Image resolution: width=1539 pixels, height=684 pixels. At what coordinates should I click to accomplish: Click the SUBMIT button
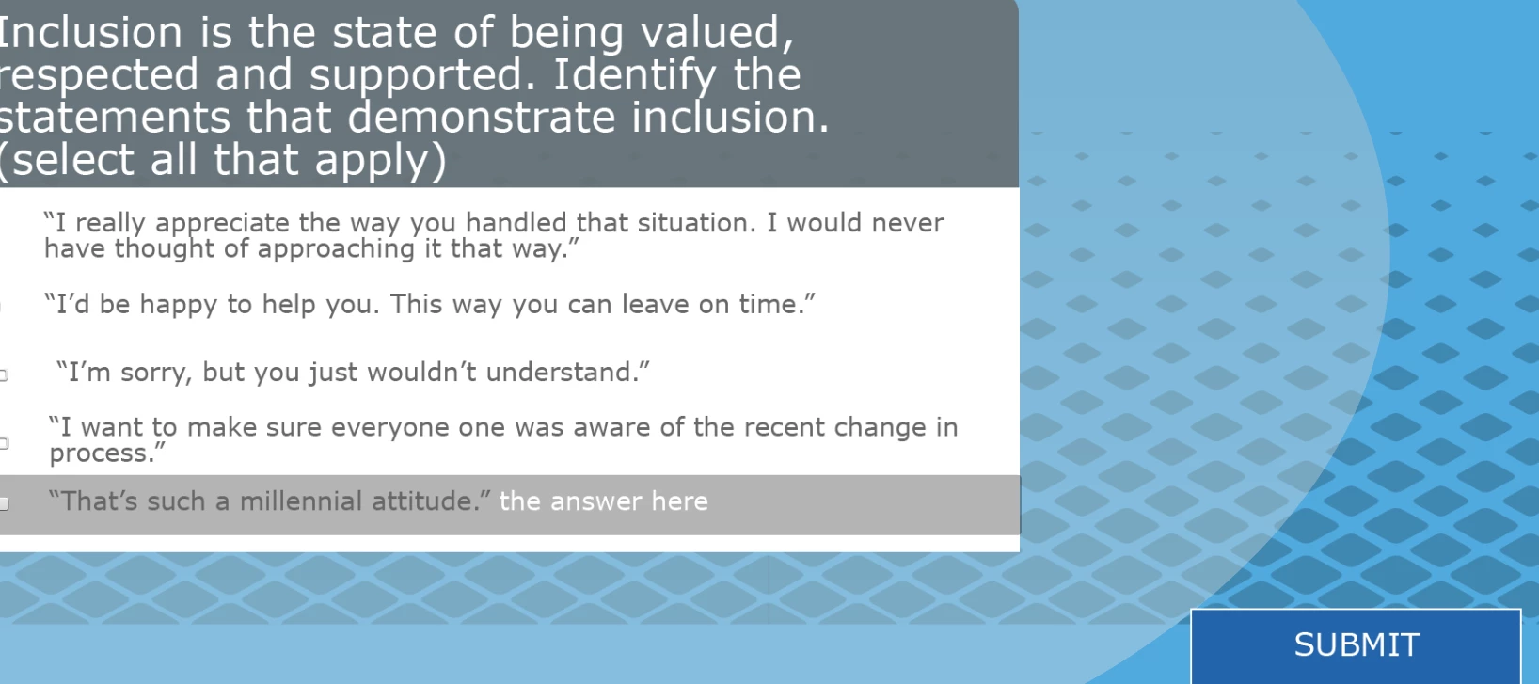pyautogui.click(x=1356, y=645)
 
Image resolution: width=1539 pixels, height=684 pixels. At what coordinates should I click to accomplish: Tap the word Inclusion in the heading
pyautogui.click(x=90, y=32)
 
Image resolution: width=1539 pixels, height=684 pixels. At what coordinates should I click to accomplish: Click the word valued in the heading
pyautogui.click(x=717, y=34)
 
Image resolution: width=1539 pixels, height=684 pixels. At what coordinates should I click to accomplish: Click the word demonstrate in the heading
pyautogui.click(x=481, y=118)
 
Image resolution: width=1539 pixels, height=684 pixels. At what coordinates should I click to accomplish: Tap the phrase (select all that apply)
pyautogui.click(x=222, y=160)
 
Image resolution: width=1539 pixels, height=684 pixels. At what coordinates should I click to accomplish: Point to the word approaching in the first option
pyautogui.click(x=336, y=249)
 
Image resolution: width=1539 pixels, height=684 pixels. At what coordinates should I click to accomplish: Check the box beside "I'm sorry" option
pyautogui.click(x=3, y=374)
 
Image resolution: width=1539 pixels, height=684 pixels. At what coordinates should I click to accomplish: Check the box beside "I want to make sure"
pyautogui.click(x=3, y=443)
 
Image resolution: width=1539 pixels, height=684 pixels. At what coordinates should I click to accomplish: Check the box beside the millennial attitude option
pyautogui.click(x=4, y=504)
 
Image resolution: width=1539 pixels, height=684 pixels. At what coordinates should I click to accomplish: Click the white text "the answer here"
pyautogui.click(x=603, y=501)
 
